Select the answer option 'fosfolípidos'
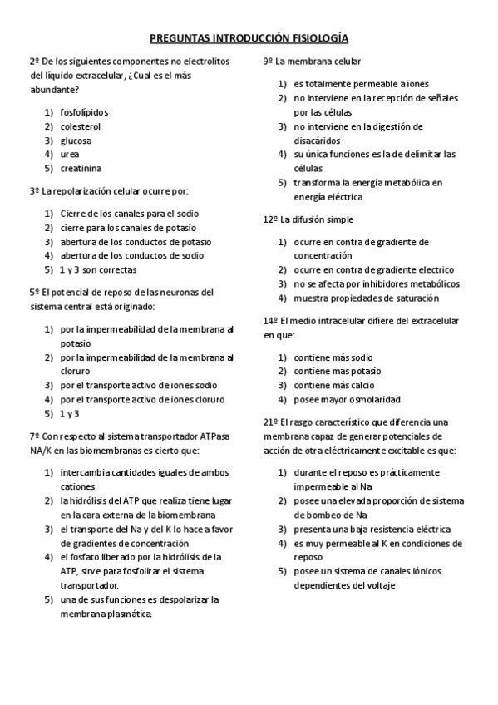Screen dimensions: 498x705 coord(84,112)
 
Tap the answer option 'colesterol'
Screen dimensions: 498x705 coord(80,126)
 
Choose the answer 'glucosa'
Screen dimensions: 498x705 coord(76,141)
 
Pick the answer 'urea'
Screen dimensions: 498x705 coord(70,155)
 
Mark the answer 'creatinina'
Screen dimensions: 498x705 coord(81,169)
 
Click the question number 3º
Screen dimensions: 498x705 coord(34,191)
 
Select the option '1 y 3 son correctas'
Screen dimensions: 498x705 coord(98,270)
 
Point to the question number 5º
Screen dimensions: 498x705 coord(34,293)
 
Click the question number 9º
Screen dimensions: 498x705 coord(268,62)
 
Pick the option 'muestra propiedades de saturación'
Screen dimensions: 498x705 coord(366,298)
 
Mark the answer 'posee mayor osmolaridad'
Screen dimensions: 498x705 coord(347,400)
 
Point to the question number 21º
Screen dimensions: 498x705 coord(270,422)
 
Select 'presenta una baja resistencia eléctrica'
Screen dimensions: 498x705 coord(372,530)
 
